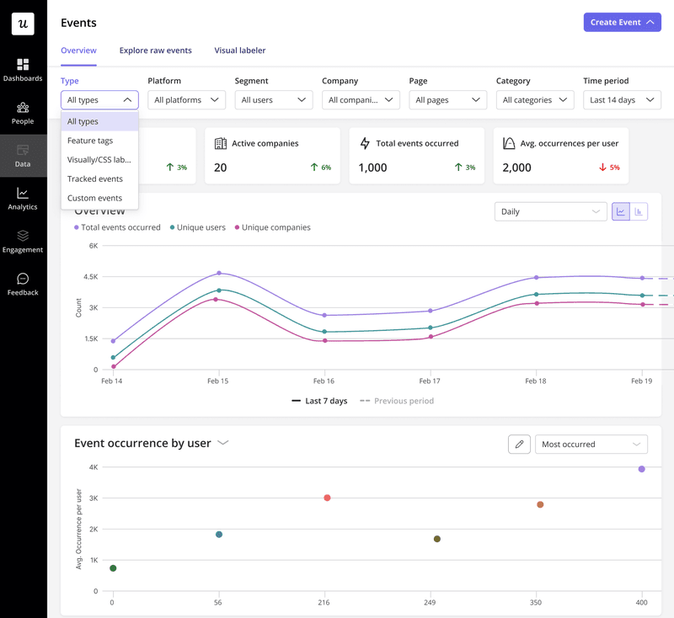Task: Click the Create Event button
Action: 622,22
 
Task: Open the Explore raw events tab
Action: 155,51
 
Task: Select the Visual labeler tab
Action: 240,51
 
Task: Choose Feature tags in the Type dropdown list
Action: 90,141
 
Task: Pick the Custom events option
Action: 94,198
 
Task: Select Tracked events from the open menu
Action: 94,178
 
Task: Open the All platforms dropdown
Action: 187,100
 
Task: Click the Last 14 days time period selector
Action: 622,100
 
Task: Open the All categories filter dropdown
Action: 535,100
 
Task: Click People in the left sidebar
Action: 23,113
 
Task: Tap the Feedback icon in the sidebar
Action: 23,284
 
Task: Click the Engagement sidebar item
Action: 23,241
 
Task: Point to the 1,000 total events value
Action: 372,168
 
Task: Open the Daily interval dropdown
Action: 550,211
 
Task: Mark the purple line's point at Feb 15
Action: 219,273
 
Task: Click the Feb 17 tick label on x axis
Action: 430,381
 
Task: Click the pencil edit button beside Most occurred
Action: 519,444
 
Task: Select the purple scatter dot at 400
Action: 642,469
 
